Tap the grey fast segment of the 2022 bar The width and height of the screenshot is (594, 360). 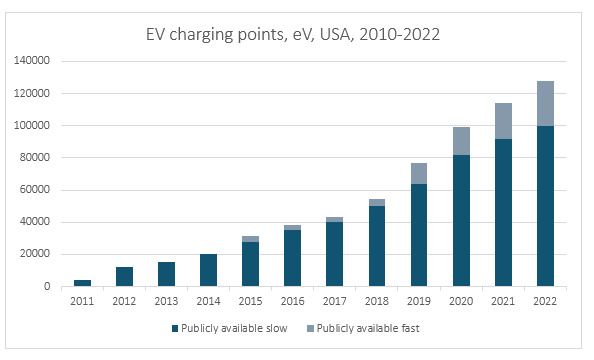[x=546, y=103]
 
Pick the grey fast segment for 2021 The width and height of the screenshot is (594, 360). [x=503, y=120]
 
